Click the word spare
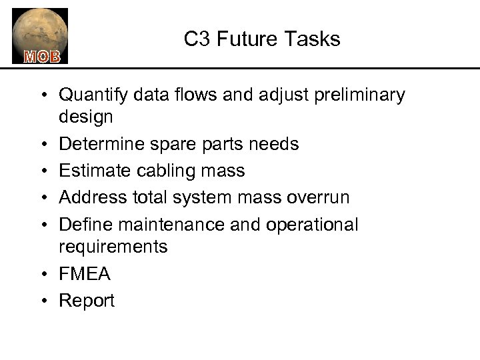coord(166,144)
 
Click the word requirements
coord(113,247)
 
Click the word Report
coord(87,301)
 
